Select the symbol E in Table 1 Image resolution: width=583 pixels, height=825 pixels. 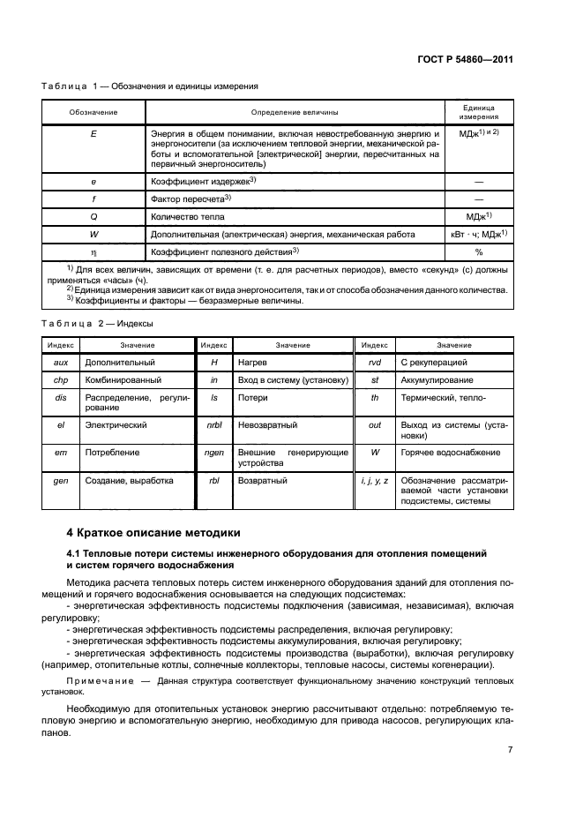(x=93, y=133)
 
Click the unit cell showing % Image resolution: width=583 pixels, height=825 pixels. (x=480, y=251)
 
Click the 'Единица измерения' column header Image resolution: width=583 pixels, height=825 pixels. (x=480, y=111)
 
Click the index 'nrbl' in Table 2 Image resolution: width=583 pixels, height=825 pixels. (x=214, y=424)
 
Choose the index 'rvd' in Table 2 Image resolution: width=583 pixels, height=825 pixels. (x=375, y=363)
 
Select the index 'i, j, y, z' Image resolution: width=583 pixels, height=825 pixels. (x=375, y=481)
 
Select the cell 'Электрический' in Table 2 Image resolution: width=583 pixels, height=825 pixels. (x=114, y=424)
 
